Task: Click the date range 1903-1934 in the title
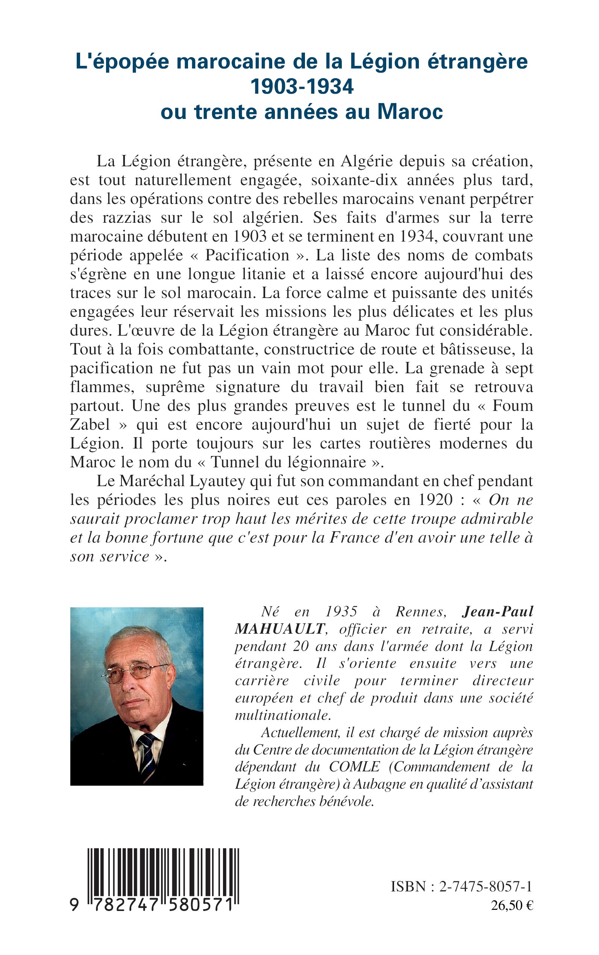(x=302, y=87)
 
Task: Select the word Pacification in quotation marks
(x=247, y=255)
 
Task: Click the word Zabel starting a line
(x=90, y=424)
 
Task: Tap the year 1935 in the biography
(x=341, y=611)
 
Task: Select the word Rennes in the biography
(x=421, y=611)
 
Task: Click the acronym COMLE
(x=354, y=767)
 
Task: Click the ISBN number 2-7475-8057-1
(x=486, y=887)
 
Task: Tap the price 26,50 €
(x=512, y=905)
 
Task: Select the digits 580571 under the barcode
(x=201, y=905)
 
